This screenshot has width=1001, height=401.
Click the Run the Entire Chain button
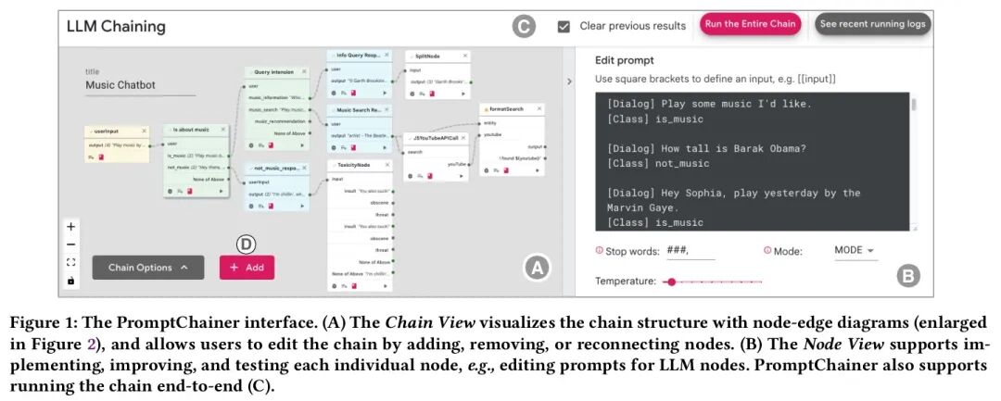[x=750, y=25]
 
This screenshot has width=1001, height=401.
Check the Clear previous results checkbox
[x=564, y=26]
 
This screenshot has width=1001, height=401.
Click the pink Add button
[x=247, y=267]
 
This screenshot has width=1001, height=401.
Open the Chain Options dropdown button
[x=147, y=267]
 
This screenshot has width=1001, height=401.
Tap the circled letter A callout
[x=538, y=269]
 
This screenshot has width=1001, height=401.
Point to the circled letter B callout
[x=909, y=275]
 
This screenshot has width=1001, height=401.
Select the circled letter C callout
[x=525, y=26]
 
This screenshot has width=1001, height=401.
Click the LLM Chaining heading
[x=116, y=26]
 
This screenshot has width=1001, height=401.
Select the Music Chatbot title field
[x=140, y=85]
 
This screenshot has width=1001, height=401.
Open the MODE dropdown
[x=855, y=250]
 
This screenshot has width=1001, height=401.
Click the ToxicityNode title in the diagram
[x=352, y=164]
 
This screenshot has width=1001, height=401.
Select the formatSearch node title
[x=507, y=109]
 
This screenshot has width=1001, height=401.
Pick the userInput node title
[x=108, y=132]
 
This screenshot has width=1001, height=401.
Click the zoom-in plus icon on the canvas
[x=71, y=227]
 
